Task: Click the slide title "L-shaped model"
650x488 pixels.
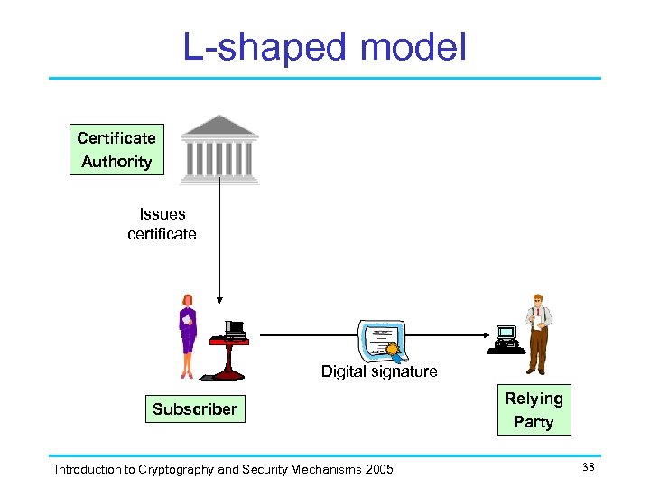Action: [x=325, y=47]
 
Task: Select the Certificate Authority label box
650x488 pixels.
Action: [x=116, y=150]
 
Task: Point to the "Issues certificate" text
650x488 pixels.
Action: [x=162, y=224]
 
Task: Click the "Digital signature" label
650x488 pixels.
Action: [x=379, y=371]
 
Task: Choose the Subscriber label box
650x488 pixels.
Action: [x=195, y=408]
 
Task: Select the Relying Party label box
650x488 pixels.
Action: [x=533, y=410]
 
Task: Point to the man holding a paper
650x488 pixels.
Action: [x=538, y=333]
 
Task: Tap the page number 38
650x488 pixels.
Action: [x=588, y=467]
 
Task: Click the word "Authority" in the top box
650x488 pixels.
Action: [x=116, y=162]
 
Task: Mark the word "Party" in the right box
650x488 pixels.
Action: [x=533, y=422]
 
